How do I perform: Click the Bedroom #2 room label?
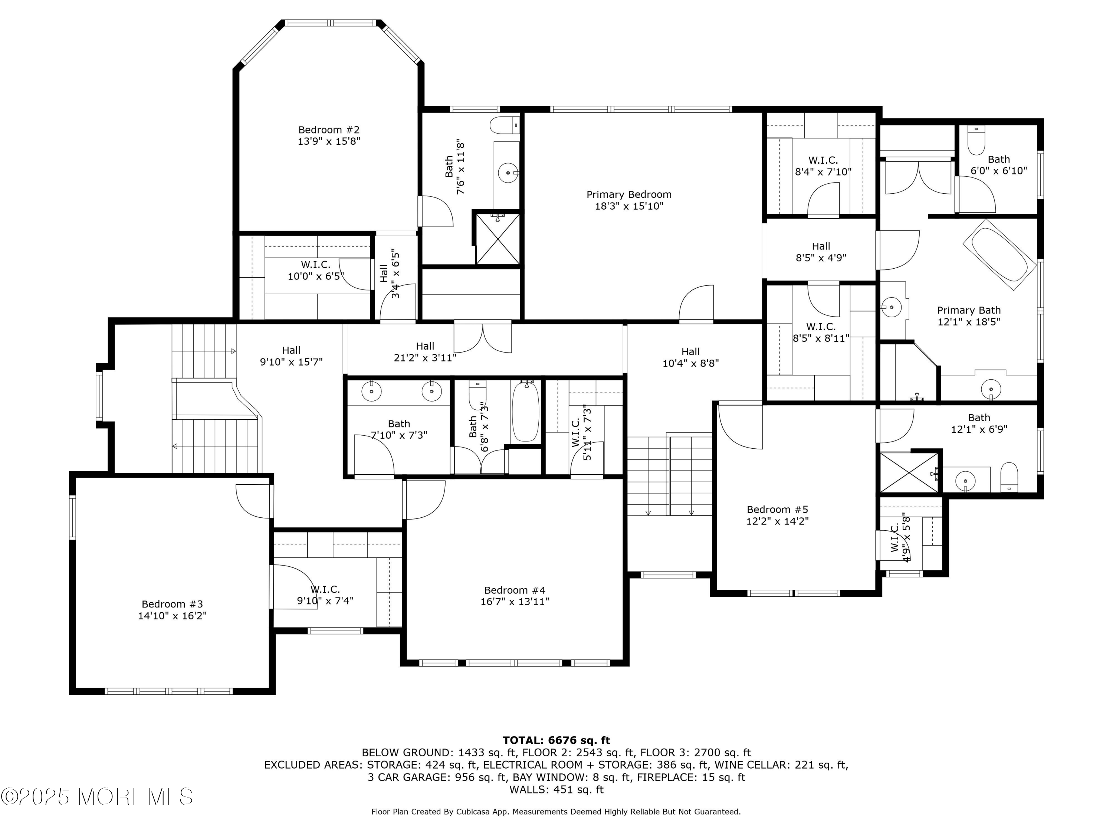pos(329,130)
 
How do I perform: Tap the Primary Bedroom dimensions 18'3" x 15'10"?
pos(629,206)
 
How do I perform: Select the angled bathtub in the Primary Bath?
pos(1000,255)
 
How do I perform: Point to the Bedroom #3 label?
pos(172,604)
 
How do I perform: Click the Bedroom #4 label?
pos(515,590)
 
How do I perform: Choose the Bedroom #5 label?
pos(777,510)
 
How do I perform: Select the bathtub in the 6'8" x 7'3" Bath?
pos(526,411)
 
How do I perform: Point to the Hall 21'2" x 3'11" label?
pos(425,352)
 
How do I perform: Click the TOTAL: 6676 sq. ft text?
pos(556,740)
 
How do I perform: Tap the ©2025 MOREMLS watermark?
pos(96,797)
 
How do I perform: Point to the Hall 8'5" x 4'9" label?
pos(821,252)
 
